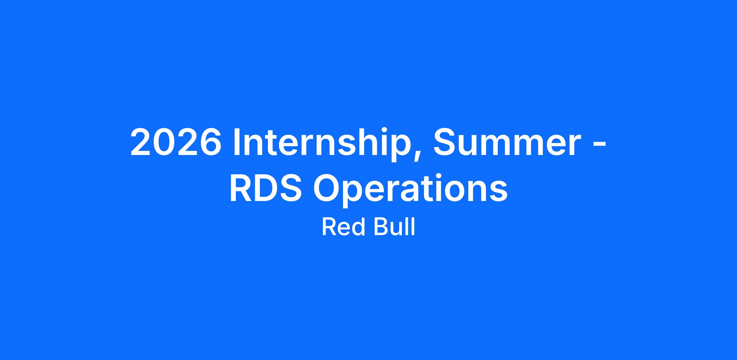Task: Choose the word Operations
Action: point(410,191)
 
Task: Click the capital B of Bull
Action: point(380,227)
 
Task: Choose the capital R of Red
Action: point(329,227)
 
